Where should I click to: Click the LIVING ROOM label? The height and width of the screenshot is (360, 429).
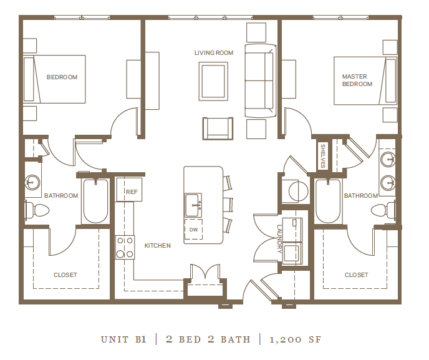click(214, 53)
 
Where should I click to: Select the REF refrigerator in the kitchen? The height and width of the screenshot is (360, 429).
click(130, 190)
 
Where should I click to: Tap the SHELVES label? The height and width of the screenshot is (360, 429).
click(323, 156)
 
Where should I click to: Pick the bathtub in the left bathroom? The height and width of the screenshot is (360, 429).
click(95, 200)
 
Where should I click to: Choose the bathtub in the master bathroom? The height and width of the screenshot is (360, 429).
click(327, 200)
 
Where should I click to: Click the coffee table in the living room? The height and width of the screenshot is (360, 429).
click(213, 81)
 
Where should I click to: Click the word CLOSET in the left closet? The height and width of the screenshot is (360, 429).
click(65, 275)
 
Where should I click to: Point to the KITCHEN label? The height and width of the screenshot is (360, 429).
click(158, 246)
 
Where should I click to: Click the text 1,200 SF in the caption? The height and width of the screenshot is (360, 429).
click(295, 340)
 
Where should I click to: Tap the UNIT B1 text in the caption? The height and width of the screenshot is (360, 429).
click(123, 340)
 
